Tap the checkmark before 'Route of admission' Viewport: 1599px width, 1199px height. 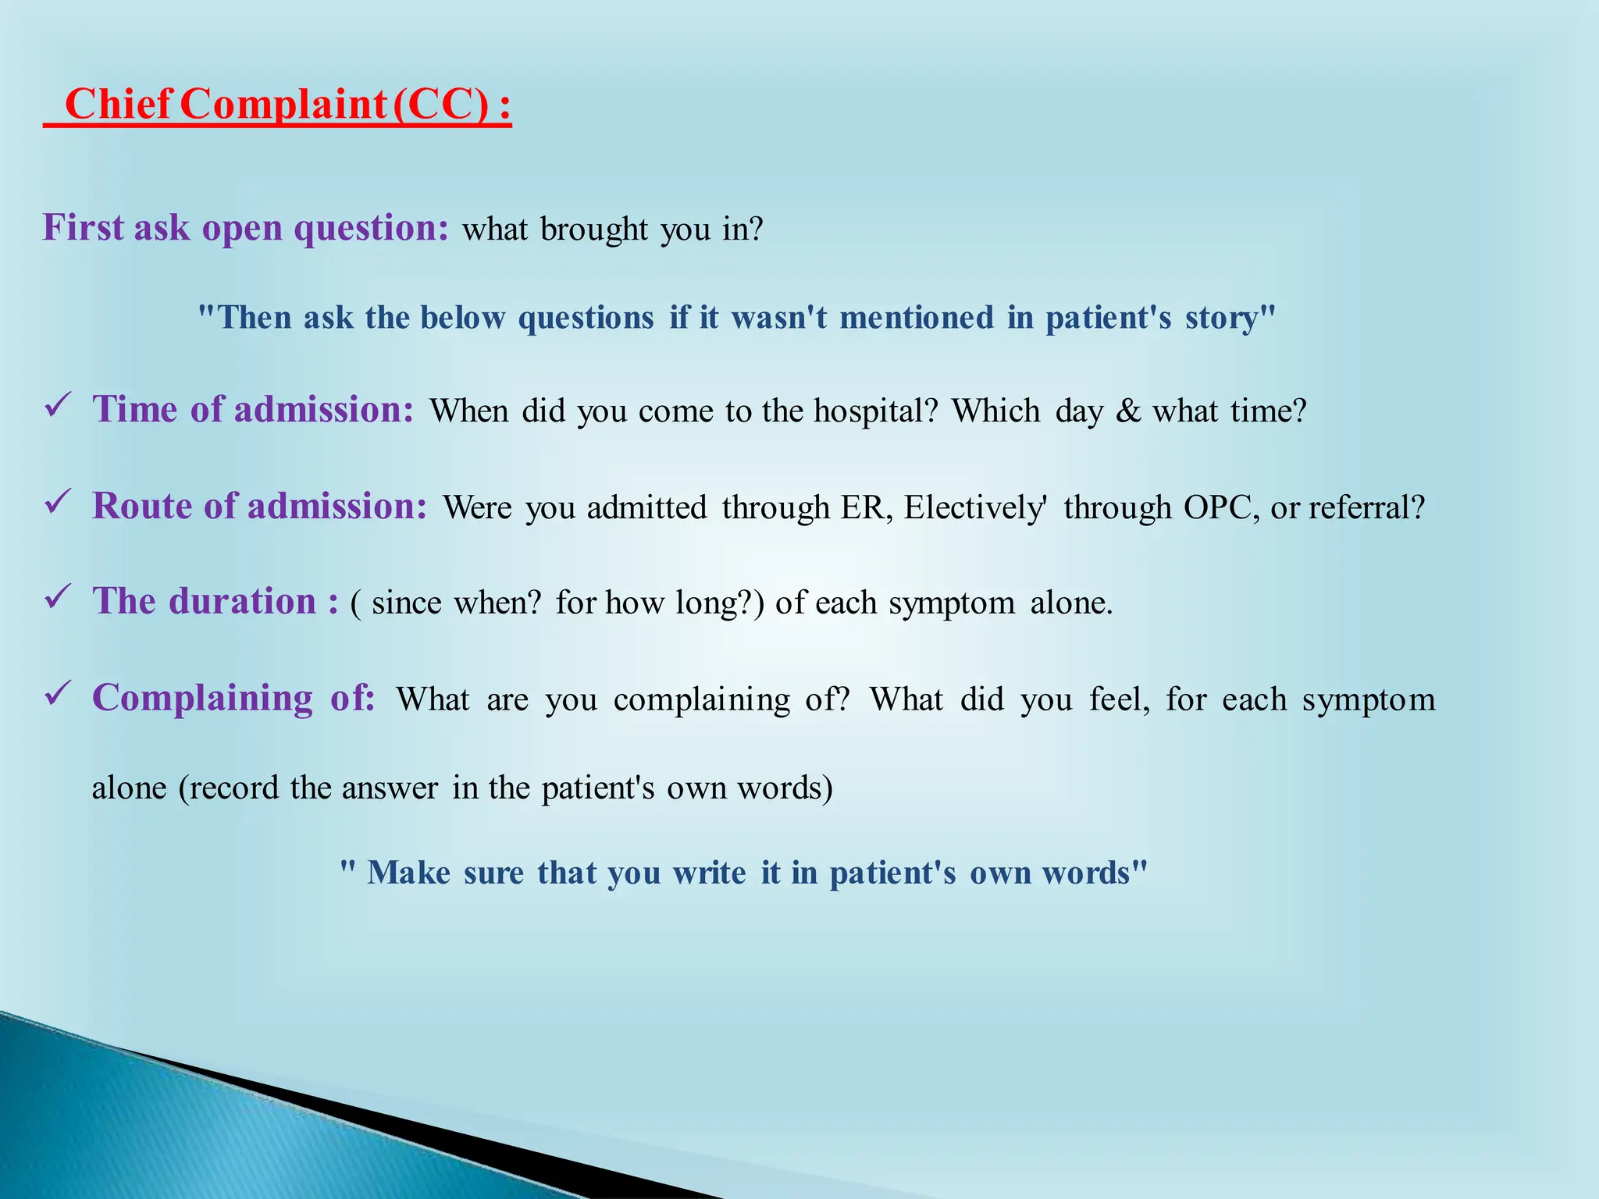tap(59, 502)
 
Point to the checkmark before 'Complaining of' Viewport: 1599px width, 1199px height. tap(59, 693)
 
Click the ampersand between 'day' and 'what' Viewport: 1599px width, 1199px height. tap(1128, 411)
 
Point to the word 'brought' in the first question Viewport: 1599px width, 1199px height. tap(593, 229)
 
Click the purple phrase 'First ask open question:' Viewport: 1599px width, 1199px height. tap(245, 228)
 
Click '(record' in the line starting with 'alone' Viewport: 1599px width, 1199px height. tap(228, 788)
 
